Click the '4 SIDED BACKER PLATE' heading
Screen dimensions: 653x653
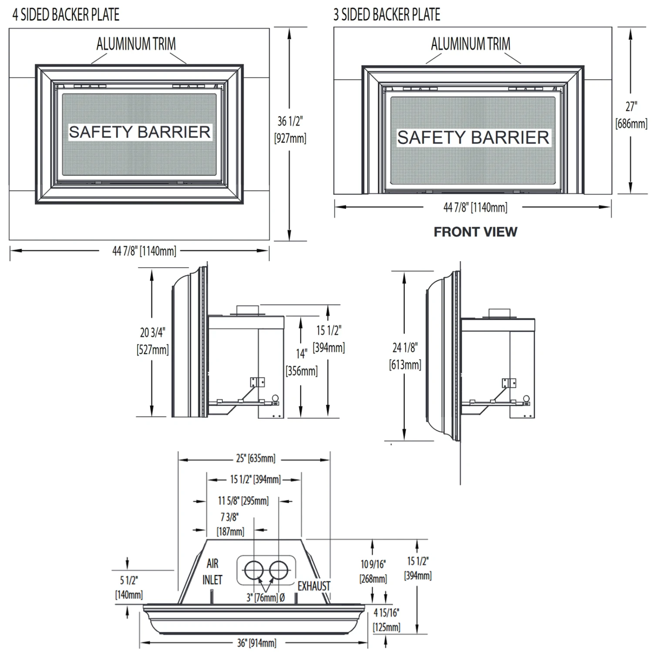pyautogui.click(x=66, y=15)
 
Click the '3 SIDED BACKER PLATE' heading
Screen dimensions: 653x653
pyautogui.click(x=387, y=15)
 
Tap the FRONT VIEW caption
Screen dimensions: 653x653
pyautogui.click(x=475, y=232)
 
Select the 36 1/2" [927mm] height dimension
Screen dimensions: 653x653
pyautogui.click(x=290, y=129)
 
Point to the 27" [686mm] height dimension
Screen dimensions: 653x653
pyautogui.click(x=631, y=115)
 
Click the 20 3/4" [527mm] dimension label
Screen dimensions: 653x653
pyautogui.click(x=152, y=341)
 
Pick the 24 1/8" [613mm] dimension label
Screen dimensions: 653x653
pyautogui.click(x=405, y=356)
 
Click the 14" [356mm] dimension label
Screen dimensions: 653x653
pyautogui.click(x=302, y=362)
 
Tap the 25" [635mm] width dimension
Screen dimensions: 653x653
pyautogui.click(x=256, y=458)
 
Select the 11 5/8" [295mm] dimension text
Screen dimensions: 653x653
pyautogui.click(x=243, y=501)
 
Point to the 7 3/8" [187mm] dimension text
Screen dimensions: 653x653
pyautogui.click(x=230, y=524)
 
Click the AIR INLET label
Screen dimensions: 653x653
pyautogui.click(x=212, y=572)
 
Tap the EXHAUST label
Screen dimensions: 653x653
pyautogui.click(x=314, y=586)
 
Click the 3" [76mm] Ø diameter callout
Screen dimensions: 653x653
pyautogui.click(x=266, y=597)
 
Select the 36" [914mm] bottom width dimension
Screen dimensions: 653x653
pyautogui.click(x=256, y=643)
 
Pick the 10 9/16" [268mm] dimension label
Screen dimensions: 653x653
pyautogui.click(x=373, y=572)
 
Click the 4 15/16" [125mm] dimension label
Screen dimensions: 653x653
pyautogui.click(x=387, y=620)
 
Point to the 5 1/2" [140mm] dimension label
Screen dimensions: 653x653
pyautogui.click(x=129, y=587)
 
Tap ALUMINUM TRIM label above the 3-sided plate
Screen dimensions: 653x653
pyautogui.click(x=471, y=44)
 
